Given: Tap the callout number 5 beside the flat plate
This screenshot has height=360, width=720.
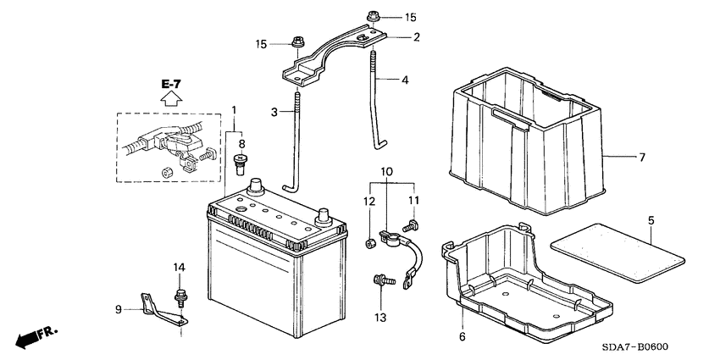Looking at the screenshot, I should coord(651,220).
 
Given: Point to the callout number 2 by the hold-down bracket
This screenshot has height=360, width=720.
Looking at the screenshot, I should coord(416,36).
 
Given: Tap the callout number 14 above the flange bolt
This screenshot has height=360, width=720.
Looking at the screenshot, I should coord(179,268).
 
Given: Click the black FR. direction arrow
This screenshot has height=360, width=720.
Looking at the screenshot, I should coord(30,337).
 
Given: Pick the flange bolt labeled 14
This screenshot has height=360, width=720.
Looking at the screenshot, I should coord(180,297).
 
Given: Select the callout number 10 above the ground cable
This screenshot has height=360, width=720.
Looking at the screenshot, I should coord(386,173).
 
